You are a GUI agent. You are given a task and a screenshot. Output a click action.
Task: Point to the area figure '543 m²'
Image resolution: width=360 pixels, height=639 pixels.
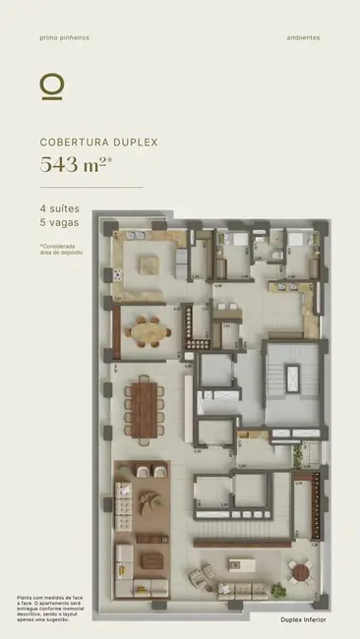point(74,164)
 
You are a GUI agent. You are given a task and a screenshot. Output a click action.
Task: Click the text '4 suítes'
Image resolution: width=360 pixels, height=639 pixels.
point(59,208)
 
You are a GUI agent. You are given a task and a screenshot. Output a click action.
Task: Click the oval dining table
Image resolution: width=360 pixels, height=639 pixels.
point(151,332)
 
